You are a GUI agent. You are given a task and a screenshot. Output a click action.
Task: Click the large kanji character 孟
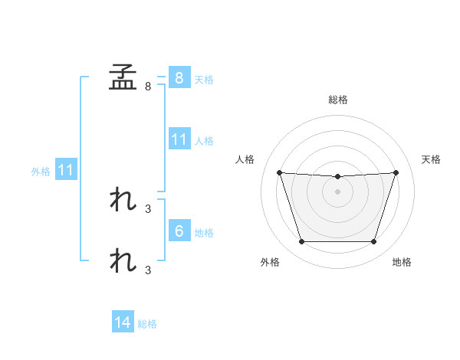coord(123,77)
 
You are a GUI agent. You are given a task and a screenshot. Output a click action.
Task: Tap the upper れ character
coord(123,199)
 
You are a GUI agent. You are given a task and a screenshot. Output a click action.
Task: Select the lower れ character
coord(123,260)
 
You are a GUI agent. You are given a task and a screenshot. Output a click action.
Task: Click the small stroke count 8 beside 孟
coord(148,87)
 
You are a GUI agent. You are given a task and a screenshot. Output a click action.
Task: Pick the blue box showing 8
coord(179,77)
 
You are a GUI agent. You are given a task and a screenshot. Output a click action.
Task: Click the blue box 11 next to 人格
coord(179,139)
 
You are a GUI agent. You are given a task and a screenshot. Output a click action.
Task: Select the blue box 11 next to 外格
coord(66,169)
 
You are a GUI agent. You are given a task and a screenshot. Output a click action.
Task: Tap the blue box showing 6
coord(179,230)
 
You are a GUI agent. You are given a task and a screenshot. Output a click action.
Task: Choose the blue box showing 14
coord(123,321)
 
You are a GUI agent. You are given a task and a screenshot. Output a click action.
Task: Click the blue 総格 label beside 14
coord(147,324)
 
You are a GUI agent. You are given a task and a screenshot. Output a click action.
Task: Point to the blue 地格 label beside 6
coord(204,233)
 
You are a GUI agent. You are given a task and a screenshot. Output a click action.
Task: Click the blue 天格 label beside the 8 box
coord(204,80)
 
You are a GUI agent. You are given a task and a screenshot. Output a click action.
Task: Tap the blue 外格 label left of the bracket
coord(41,172)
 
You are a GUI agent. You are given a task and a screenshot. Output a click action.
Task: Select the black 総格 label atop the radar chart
coord(338,100)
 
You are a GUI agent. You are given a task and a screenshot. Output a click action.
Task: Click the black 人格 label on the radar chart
coord(245,159)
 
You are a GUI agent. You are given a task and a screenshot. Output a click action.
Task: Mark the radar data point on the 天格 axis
coord(396,172)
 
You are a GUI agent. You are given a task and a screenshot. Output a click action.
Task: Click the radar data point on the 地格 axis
coord(373,241)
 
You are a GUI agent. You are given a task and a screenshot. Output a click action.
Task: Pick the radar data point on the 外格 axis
coord(302,241)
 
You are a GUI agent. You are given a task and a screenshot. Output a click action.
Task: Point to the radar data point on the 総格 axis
coord(337,176)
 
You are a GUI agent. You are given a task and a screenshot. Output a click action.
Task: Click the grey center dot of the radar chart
coord(337,191)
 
